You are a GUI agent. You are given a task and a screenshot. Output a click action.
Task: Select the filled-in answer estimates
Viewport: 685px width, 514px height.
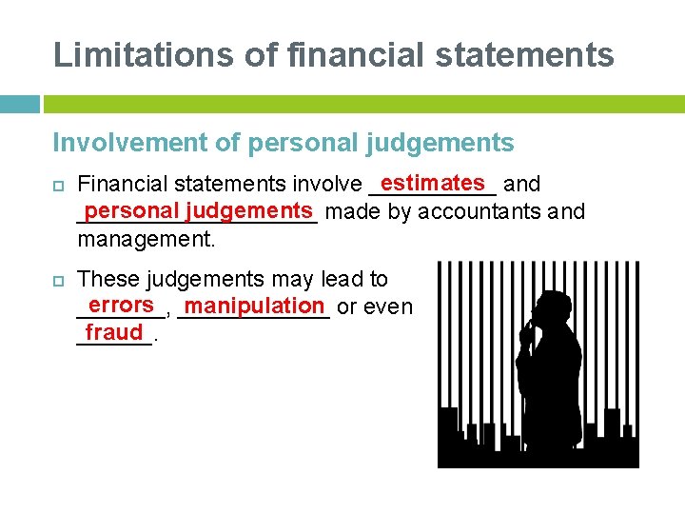(x=432, y=181)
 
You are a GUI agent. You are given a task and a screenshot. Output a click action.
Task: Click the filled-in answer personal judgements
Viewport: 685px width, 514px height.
(x=198, y=209)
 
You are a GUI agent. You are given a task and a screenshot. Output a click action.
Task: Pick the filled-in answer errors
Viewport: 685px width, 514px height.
(x=119, y=305)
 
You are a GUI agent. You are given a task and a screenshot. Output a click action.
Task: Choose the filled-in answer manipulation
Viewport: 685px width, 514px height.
(x=255, y=306)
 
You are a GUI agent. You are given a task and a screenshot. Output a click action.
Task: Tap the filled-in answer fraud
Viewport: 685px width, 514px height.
(x=113, y=332)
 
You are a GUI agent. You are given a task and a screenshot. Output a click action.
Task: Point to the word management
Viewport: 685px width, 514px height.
(x=147, y=239)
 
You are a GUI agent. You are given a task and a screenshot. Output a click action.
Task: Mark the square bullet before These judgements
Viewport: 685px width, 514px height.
(x=58, y=280)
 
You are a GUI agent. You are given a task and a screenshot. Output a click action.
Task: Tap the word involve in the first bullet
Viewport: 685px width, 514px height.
(x=329, y=184)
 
